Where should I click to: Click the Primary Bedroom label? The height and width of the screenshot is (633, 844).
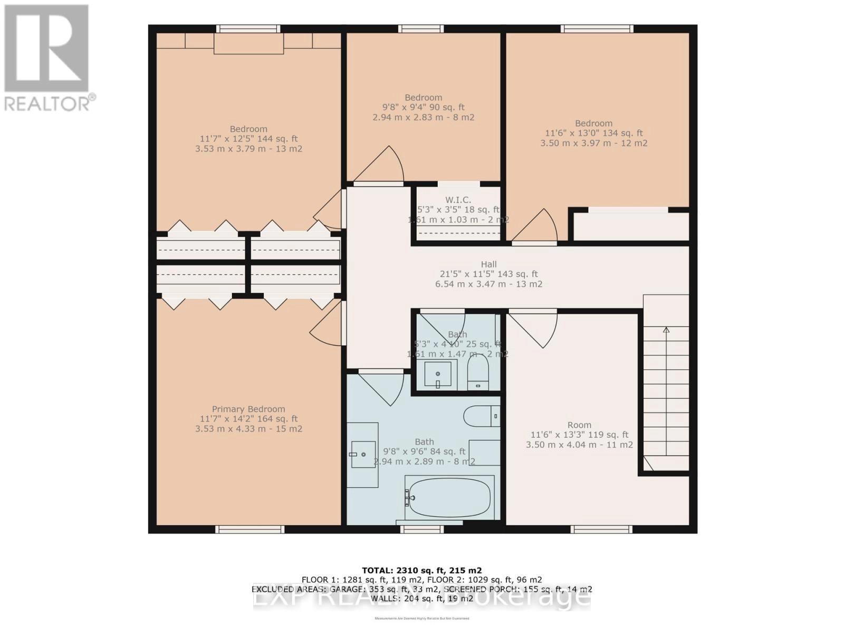[248, 409]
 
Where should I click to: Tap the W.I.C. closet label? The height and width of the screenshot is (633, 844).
[458, 200]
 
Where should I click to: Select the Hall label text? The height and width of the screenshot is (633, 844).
[488, 264]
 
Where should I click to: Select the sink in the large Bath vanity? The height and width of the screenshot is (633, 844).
[363, 454]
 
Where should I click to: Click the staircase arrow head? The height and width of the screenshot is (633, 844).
[666, 330]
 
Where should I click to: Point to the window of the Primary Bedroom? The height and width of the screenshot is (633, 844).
[250, 529]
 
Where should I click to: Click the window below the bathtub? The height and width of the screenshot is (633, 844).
[421, 529]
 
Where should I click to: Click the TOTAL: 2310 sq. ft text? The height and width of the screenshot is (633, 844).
[421, 570]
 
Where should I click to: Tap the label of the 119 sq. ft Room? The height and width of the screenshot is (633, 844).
[579, 425]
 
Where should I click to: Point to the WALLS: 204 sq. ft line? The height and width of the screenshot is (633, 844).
[421, 599]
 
